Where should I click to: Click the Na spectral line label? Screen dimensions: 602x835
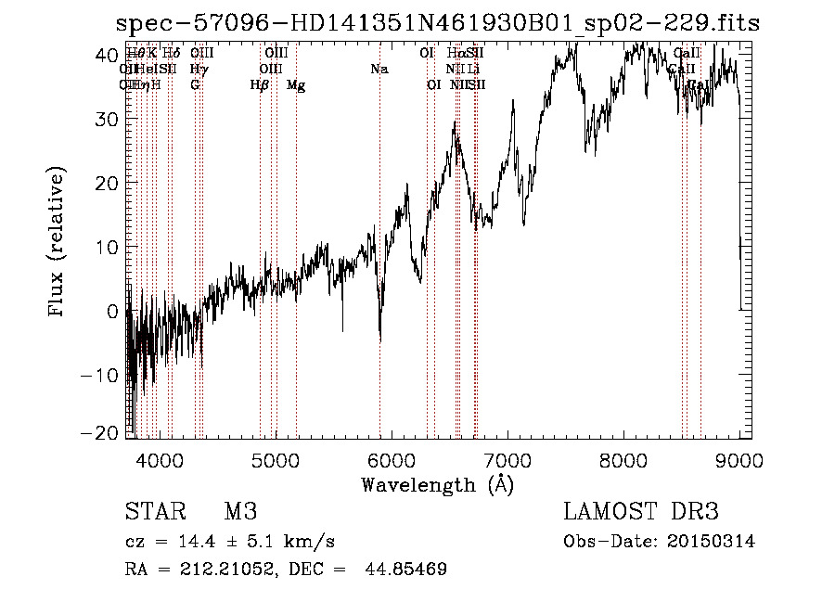[x=379, y=70]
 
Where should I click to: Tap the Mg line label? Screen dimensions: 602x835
[x=296, y=85]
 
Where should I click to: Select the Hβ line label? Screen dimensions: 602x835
[x=260, y=85]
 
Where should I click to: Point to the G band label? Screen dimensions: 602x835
[x=195, y=85]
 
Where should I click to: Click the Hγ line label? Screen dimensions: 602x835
[x=198, y=70]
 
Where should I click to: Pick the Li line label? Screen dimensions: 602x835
[x=473, y=70]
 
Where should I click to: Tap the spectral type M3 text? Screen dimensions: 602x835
[x=240, y=513]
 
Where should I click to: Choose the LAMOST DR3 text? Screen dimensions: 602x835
[x=641, y=513]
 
